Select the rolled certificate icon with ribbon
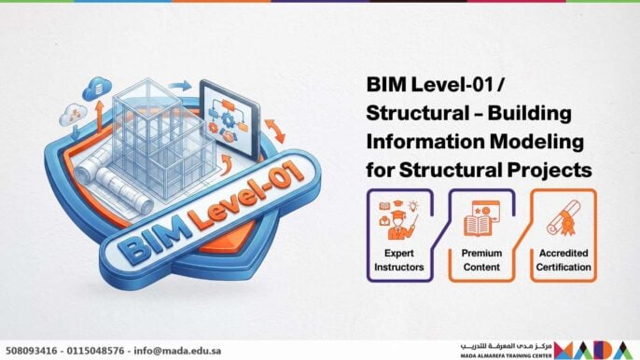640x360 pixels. pyautogui.click(x=563, y=220)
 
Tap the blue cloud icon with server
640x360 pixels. pyautogui.click(x=92, y=89)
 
